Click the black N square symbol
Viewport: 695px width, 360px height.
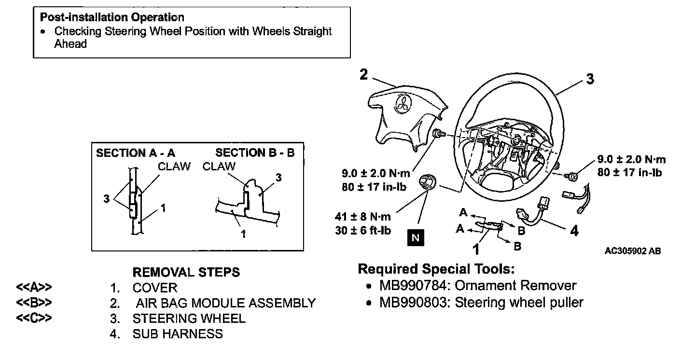416,238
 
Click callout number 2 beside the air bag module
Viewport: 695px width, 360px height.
363,74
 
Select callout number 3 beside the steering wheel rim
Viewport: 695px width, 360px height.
590,79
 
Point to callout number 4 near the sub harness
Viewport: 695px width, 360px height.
574,231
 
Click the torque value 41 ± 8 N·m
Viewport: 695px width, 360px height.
363,216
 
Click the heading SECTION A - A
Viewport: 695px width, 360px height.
136,153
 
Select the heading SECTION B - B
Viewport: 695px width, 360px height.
255,152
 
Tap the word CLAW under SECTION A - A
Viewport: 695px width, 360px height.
174,166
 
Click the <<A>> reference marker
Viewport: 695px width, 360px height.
34,288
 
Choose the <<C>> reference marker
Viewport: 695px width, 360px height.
34,318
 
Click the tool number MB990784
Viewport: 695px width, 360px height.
414,286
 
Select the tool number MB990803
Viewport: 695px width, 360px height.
414,303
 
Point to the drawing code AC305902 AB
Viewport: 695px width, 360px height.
633,251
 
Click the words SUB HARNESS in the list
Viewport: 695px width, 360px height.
178,334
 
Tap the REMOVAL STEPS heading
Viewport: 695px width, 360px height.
186,272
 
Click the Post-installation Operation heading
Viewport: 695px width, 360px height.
112,17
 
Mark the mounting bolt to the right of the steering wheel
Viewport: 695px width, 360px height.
570,177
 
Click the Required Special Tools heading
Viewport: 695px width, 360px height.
436,269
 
